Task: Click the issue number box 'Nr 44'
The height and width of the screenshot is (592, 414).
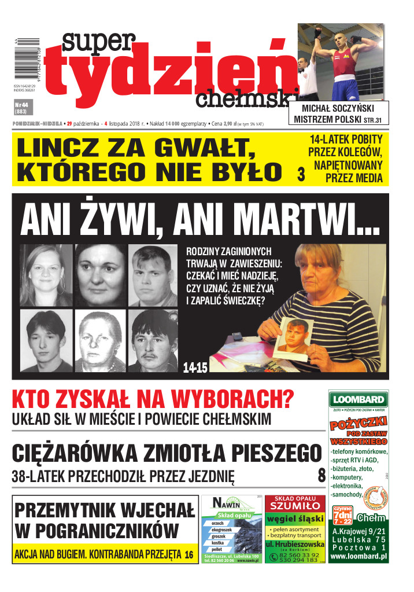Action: pyautogui.click(x=21, y=107)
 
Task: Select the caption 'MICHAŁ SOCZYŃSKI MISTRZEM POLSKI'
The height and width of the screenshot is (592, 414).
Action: pyautogui.click(x=339, y=114)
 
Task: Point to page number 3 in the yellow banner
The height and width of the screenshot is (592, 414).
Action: pyautogui.click(x=301, y=176)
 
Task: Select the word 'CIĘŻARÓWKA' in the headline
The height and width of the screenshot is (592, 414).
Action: pyautogui.click(x=84, y=454)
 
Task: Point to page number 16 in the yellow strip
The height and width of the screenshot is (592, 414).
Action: pyautogui.click(x=189, y=555)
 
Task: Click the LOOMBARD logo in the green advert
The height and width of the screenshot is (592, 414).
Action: pyautogui.click(x=358, y=400)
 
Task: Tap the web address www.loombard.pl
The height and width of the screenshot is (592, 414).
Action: pyautogui.click(x=358, y=557)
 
